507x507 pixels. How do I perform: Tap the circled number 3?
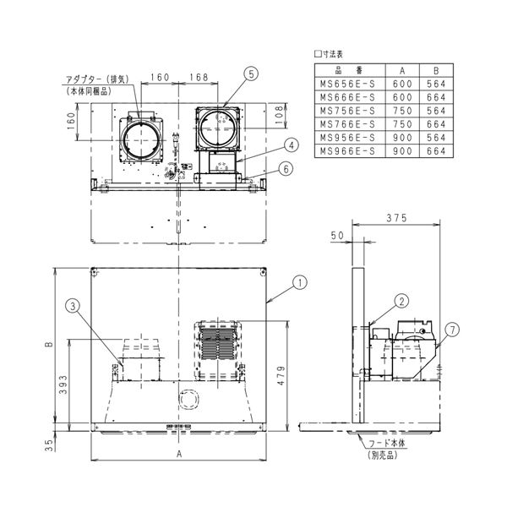point(74,305)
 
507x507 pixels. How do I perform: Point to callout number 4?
point(289,144)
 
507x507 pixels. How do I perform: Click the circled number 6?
point(286,168)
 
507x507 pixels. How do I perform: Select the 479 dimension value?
point(281,369)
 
